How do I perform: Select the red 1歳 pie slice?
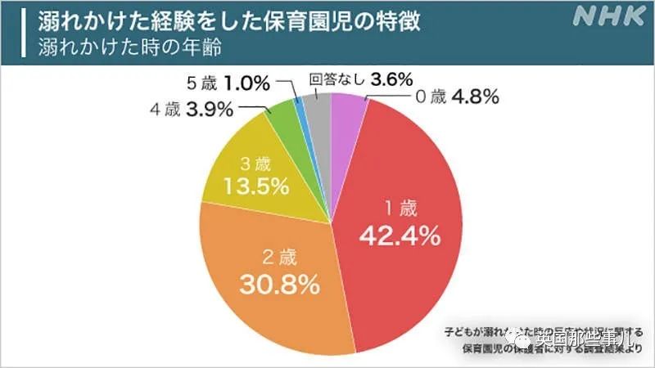pos(393,204)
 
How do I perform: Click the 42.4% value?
pos(401,237)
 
